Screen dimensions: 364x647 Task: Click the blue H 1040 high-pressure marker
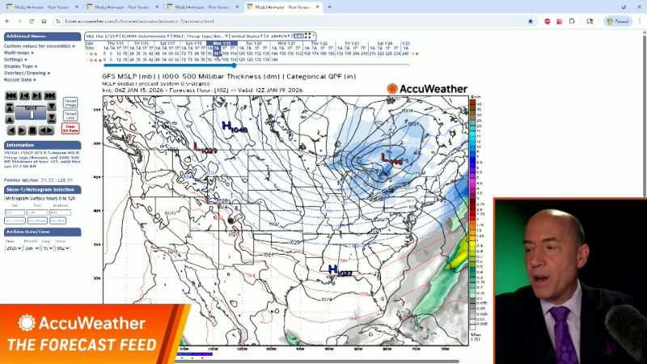[x=234, y=126]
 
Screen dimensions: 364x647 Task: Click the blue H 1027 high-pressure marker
[x=339, y=270]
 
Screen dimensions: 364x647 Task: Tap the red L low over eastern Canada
[x=391, y=159]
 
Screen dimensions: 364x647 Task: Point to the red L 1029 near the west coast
[x=205, y=149]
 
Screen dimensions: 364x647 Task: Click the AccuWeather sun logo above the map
[x=392, y=89]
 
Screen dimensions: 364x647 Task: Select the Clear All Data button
[x=70, y=128]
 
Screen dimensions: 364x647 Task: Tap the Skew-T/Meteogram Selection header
[x=40, y=189]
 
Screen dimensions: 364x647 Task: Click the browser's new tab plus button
[x=329, y=6]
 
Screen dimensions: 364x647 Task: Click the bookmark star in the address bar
[x=531, y=21]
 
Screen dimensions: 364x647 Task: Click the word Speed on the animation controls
[x=31, y=107]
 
